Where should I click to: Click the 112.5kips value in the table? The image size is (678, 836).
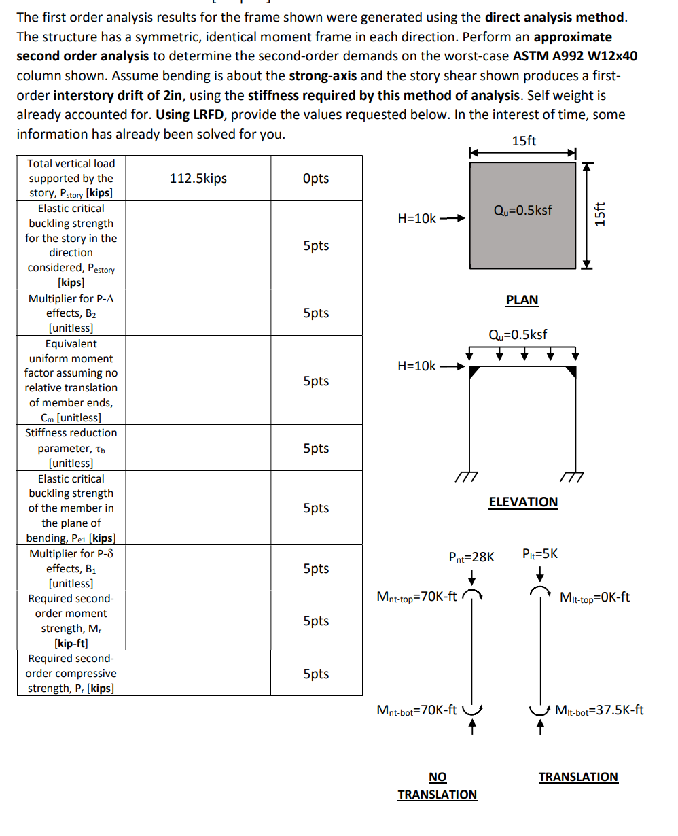coord(198,179)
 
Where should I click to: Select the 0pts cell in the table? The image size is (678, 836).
coord(316,179)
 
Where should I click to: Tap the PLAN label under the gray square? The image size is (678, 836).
coord(522,300)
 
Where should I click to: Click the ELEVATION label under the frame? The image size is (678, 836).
coord(523,502)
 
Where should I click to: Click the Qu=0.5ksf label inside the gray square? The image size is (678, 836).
coord(522,210)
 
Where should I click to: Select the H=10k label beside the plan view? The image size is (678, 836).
coord(416,218)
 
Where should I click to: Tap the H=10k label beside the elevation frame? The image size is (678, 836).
coord(416,366)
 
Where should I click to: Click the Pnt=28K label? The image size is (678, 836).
coord(471,557)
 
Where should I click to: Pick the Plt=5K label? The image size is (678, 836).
coord(540,554)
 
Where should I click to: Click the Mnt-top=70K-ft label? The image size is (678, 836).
coord(416,597)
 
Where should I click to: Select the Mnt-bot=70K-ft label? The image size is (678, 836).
coord(416,710)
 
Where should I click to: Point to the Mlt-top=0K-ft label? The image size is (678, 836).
coord(594,597)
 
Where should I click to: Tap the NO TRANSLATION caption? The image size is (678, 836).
coord(438,786)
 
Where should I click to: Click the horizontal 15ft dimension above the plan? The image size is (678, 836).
coord(523,141)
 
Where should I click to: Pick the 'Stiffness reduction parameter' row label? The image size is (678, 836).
coord(71,448)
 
